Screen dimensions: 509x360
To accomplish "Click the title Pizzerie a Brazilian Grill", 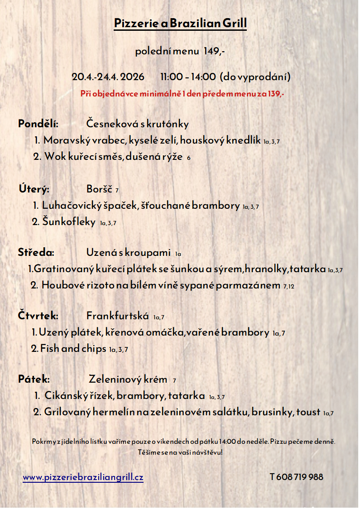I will pos(180,23).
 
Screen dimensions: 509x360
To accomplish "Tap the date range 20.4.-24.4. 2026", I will pos(108,77).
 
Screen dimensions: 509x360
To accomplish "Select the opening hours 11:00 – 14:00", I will pos(188,77).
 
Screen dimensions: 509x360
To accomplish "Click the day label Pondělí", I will pos(38,124).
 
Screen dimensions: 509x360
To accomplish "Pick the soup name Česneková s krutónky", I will pos(137,124).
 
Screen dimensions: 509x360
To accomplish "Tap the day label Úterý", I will pos(34,189).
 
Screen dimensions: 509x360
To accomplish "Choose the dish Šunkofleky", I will pos(69,222).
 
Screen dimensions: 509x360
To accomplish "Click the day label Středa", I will pos(36,252).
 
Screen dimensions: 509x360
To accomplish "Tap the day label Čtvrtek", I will pos(38,316).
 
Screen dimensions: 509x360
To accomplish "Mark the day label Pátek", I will pos(34,379).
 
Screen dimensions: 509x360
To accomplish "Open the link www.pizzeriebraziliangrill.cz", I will pos(83,477).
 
